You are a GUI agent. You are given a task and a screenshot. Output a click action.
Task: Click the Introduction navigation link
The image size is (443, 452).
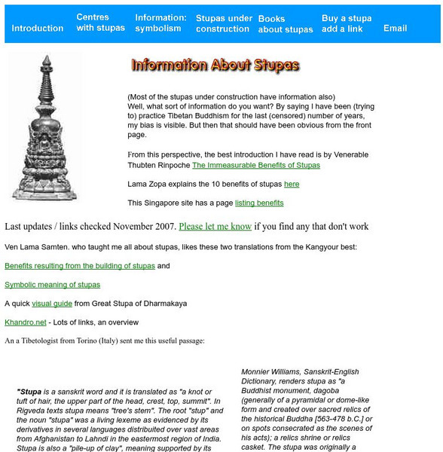tap(38, 29)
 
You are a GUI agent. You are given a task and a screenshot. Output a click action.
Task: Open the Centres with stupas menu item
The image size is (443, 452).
tap(100, 23)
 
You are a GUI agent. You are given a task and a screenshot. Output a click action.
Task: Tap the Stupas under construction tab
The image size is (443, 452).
tap(224, 23)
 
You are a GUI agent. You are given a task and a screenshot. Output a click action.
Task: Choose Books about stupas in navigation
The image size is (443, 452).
tap(286, 24)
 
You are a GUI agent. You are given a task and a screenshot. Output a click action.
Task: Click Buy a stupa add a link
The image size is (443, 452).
tap(347, 23)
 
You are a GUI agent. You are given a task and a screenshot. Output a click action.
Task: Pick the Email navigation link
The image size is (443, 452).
tap(395, 29)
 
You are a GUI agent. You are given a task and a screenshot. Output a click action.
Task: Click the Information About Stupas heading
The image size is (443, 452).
tap(215, 66)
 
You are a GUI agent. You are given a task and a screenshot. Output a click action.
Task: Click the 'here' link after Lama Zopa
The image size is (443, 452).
tap(292, 184)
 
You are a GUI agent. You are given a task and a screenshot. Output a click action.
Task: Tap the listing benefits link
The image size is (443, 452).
tap(259, 203)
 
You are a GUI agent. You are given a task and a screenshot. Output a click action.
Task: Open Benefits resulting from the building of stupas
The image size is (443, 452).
tap(80, 266)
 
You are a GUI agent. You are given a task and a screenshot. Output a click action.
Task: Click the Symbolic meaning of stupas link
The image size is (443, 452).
tap(52, 285)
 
